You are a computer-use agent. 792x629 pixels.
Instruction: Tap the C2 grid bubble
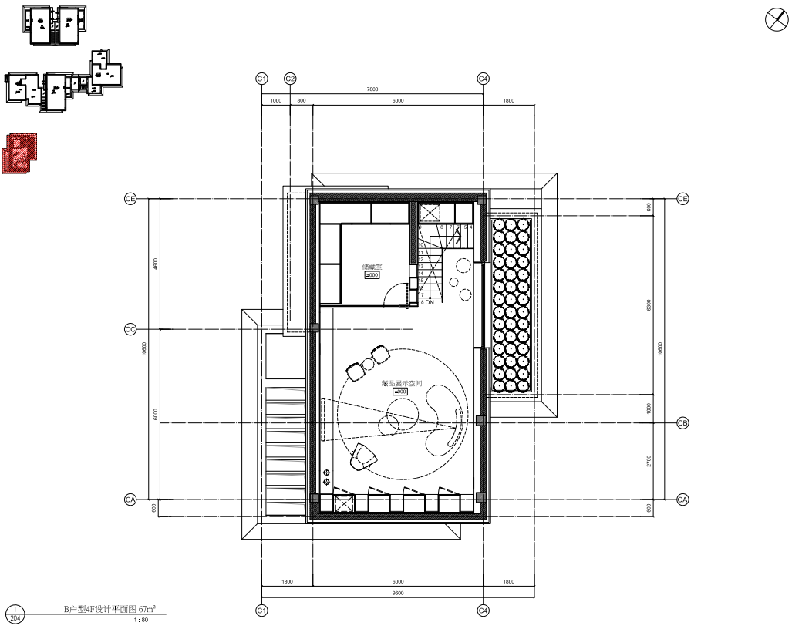coord(291,79)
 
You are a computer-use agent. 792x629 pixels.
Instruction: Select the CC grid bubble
coord(130,330)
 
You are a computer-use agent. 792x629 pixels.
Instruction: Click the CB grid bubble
coord(682,423)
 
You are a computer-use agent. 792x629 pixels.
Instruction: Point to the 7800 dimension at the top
coord(372,89)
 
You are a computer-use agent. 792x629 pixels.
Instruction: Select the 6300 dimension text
coord(649,306)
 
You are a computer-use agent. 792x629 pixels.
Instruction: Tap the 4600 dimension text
coord(156,264)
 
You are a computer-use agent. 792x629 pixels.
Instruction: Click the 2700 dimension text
coord(649,461)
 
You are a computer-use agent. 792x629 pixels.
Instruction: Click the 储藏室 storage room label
coord(372,267)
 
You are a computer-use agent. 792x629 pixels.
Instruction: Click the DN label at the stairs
coord(430,303)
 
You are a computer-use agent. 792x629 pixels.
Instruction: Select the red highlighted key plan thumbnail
coord(19,153)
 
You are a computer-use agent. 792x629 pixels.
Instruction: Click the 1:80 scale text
coord(141,620)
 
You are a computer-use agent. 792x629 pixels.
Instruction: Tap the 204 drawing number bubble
coord(15,618)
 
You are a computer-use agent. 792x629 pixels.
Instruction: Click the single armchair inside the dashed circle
coord(361,456)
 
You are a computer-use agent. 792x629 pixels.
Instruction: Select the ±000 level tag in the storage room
coord(372,275)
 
